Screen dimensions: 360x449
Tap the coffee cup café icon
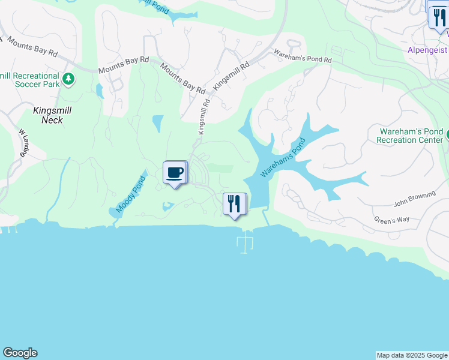(175, 173)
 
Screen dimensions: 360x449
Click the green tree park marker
(69, 79)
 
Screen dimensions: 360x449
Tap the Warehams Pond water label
(283, 158)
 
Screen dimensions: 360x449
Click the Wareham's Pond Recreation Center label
(411, 136)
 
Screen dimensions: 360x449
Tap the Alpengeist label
(427, 50)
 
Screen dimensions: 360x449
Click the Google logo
(20, 353)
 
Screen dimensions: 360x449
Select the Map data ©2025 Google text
(412, 355)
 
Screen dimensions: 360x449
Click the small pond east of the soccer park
(99, 91)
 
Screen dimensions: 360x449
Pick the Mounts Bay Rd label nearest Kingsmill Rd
(182, 79)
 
